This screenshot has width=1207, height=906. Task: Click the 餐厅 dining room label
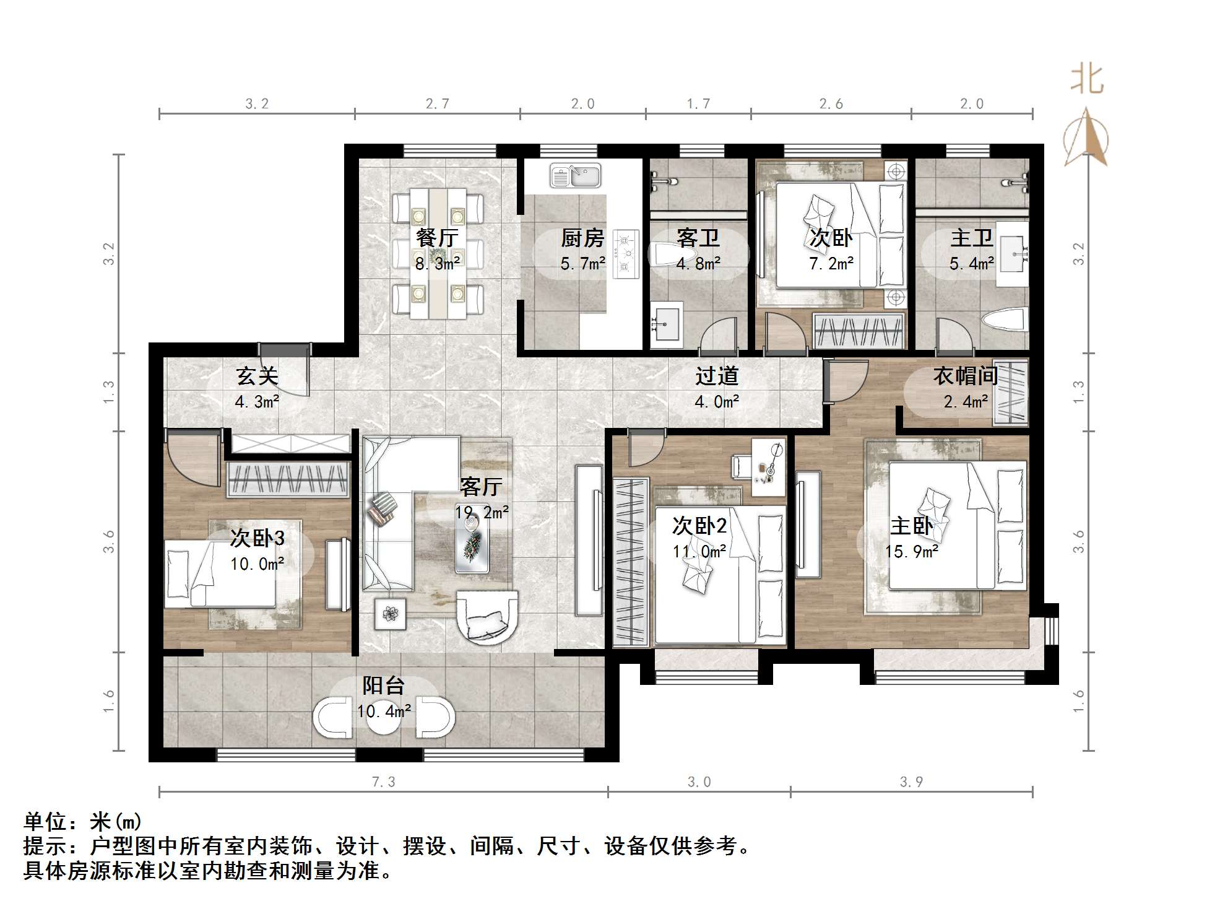click(437, 238)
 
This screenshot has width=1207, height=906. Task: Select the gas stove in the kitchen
click(625, 253)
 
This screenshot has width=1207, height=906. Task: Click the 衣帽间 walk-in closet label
click(965, 376)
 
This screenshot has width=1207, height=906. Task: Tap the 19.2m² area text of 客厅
click(482, 513)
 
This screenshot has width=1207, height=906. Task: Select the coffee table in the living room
click(472, 542)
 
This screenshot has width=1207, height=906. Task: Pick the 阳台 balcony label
click(383, 686)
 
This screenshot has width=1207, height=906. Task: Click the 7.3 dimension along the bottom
click(383, 782)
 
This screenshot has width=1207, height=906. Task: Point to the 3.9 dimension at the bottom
click(911, 782)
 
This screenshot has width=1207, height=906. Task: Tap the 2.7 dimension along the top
click(437, 104)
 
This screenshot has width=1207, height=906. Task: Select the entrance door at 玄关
click(285, 370)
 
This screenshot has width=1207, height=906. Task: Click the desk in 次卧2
click(769, 468)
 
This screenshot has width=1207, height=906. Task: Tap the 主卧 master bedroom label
click(911, 526)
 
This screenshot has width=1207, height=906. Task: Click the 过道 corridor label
click(717, 376)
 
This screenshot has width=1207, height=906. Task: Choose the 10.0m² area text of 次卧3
click(257, 564)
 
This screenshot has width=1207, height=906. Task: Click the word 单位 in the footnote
click(45, 822)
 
